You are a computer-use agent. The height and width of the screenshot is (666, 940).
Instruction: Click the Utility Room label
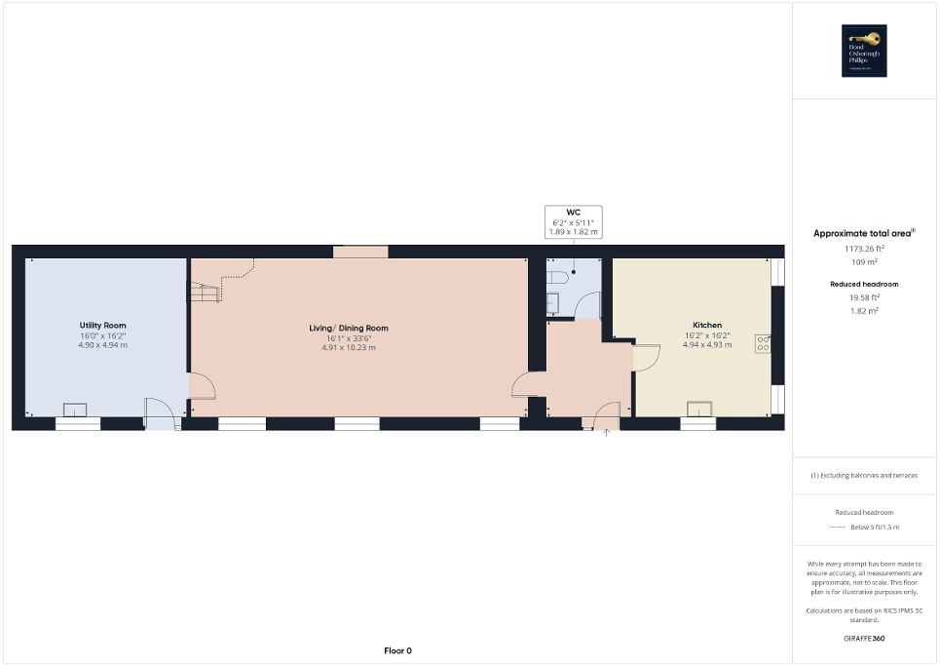point(102,326)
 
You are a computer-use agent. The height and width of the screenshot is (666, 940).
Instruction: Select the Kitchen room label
point(706,325)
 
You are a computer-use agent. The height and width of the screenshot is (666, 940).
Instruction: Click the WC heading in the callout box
point(573,213)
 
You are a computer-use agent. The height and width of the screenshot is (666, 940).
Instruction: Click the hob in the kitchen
point(763,343)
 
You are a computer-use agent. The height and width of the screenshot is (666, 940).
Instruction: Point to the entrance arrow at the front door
point(606,432)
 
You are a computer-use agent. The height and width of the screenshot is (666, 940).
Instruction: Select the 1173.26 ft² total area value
point(864,249)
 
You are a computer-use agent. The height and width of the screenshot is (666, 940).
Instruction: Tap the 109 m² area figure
point(864,262)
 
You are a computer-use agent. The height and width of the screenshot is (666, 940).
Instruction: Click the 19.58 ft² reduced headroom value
point(864,297)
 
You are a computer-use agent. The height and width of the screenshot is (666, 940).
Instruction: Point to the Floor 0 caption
point(396,650)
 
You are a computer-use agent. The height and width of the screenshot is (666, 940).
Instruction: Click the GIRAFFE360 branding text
point(864,639)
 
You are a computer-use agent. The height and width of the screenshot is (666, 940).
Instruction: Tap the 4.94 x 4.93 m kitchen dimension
point(706,344)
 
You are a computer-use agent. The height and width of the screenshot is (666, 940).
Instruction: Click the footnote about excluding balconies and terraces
point(864,476)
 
